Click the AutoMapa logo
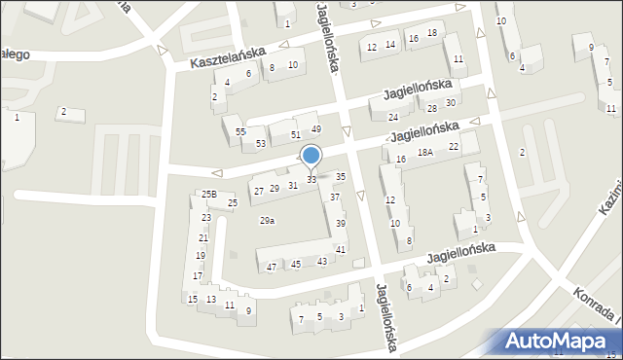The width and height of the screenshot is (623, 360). [559, 341]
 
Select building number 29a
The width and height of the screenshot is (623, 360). [267, 221]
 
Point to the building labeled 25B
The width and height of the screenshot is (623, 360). [208, 195]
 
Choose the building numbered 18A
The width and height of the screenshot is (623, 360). [425, 152]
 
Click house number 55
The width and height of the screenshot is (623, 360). [240, 131]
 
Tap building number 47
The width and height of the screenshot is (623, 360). [271, 267]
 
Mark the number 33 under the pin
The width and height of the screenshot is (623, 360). [311, 180]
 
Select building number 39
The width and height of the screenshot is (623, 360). [341, 224]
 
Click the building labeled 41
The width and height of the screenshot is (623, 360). [341, 250]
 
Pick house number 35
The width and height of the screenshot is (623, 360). [340, 176]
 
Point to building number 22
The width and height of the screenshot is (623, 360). [453, 146]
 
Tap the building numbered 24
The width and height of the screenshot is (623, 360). [393, 117]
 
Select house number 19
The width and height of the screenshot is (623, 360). [200, 256]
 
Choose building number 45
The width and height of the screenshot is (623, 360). [296, 264]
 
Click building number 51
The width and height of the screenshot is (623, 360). [295, 134]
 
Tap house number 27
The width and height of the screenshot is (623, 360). [259, 191]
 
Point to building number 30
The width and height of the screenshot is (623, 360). [451, 102]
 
